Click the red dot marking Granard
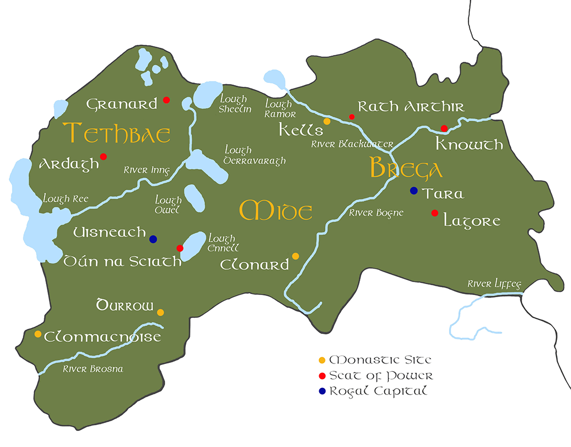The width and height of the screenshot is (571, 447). tap(166, 100)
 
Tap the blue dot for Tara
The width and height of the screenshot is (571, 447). tap(414, 190)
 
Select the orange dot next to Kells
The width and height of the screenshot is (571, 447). tap(327, 121)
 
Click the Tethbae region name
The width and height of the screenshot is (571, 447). tap(117, 133)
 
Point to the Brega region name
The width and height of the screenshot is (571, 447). tap(406, 169)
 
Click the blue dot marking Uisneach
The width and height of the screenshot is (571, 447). tap(153, 239)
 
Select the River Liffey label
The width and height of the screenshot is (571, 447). tap(494, 284)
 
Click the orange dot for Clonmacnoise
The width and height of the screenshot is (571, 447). tap(38, 334)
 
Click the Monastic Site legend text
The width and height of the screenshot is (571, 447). tap(380, 360)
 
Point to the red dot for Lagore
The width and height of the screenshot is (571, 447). tap(434, 213)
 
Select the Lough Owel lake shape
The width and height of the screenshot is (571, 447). tap(194, 198)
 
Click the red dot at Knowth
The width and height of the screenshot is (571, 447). tap(444, 128)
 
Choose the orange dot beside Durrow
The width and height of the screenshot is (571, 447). tap(160, 312)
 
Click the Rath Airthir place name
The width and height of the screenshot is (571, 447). tap(411, 107)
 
